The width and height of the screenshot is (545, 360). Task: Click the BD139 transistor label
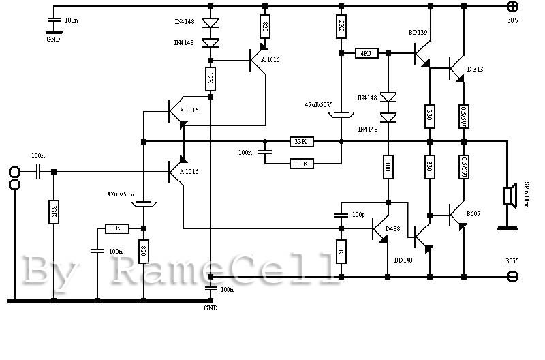418,32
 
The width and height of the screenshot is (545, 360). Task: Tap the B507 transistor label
474,213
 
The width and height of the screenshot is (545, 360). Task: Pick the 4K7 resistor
367,52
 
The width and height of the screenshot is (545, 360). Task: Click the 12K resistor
211,79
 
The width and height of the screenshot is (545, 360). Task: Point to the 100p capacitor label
357,215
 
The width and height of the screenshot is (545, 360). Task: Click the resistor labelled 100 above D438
388,166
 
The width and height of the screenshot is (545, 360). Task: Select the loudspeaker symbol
508,196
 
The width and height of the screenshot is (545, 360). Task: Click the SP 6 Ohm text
527,196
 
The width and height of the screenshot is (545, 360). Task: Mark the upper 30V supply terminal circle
513,6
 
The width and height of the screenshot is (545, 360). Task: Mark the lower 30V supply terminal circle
513,276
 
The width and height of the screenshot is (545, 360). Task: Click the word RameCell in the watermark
225,271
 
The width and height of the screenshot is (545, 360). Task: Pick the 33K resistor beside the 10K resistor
300,142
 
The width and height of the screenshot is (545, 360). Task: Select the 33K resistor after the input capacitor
53,211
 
